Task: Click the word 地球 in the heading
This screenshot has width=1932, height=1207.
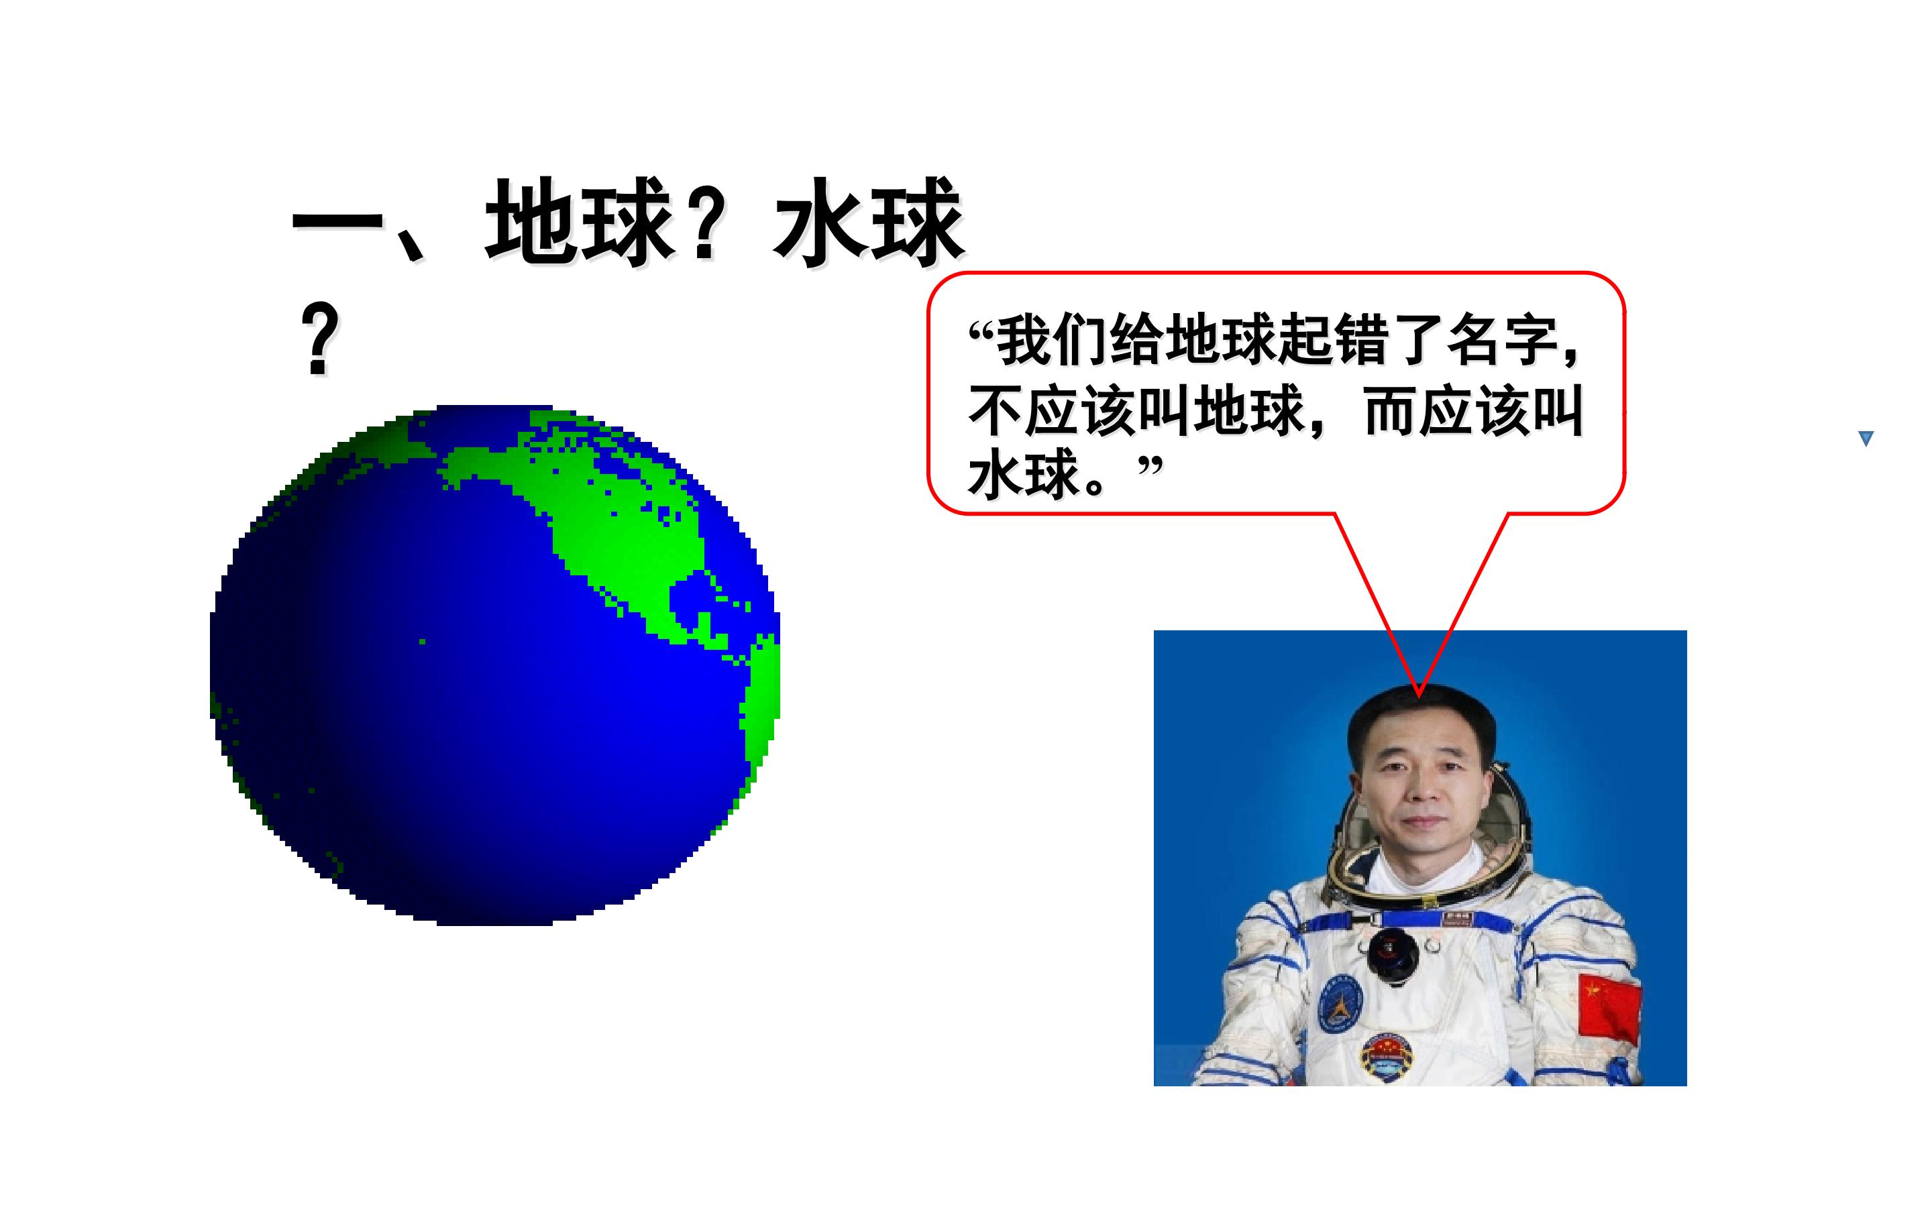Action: [x=580, y=221]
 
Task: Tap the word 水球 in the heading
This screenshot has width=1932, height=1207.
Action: [x=869, y=221]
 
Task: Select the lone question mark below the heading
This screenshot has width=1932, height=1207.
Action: [x=319, y=339]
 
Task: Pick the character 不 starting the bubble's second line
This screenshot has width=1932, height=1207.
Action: [x=996, y=412]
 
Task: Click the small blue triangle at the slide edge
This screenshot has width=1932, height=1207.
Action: [x=1866, y=439]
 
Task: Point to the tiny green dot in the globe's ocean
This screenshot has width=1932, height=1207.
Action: [x=423, y=642]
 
